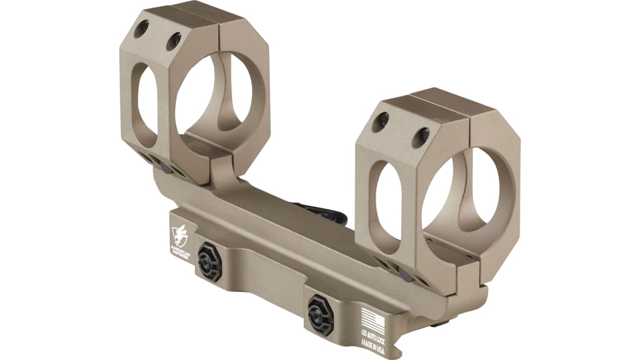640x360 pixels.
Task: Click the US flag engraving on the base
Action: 373,320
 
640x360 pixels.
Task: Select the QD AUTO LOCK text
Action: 374,336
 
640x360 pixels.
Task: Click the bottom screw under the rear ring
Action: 164,168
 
